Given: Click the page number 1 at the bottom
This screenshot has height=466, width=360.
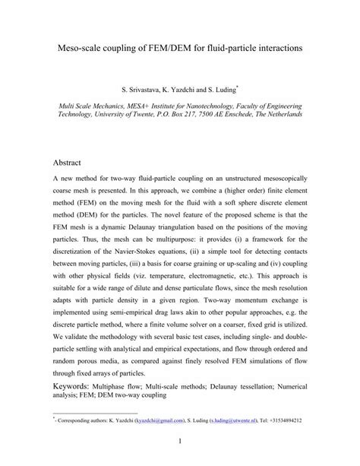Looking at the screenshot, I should (x=180, y=443).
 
